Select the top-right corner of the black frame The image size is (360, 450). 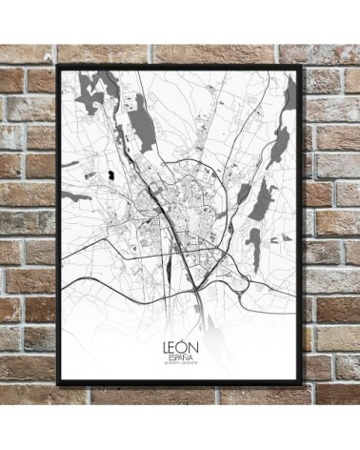click(x=305, y=66)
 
